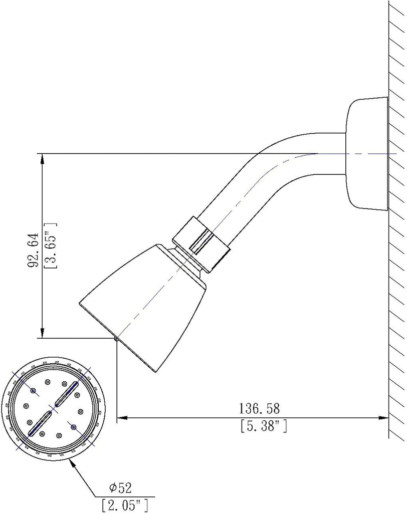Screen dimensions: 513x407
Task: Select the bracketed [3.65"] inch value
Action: point(51,246)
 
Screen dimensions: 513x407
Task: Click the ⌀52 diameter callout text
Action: point(121,486)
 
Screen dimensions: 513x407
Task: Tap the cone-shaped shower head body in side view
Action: point(145,306)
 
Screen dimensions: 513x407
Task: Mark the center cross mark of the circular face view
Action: point(52,408)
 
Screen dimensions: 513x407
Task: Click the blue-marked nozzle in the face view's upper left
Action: point(33,390)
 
